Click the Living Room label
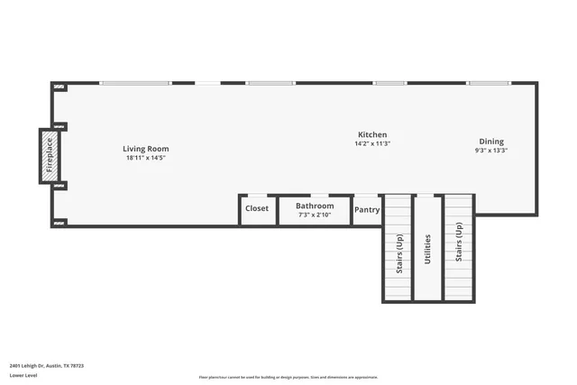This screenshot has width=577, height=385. tap(146, 149)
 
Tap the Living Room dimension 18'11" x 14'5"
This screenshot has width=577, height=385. tap(146, 158)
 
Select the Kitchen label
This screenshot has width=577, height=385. tap(372, 134)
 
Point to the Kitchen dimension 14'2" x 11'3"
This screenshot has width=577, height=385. tap(372, 143)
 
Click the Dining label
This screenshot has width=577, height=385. tap(491, 142)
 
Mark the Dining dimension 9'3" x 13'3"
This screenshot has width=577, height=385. tap(491, 151)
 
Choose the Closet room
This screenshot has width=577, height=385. tap(257, 209)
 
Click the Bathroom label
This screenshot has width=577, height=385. tap(315, 206)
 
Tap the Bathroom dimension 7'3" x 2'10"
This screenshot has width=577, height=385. tap(315, 215)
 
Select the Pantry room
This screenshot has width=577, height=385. tap(367, 210)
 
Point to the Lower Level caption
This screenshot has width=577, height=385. tap(23, 375)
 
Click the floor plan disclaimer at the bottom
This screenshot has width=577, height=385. tap(288, 377)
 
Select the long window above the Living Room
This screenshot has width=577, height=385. tap(135, 84)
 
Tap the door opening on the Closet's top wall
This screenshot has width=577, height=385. tap(257, 196)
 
